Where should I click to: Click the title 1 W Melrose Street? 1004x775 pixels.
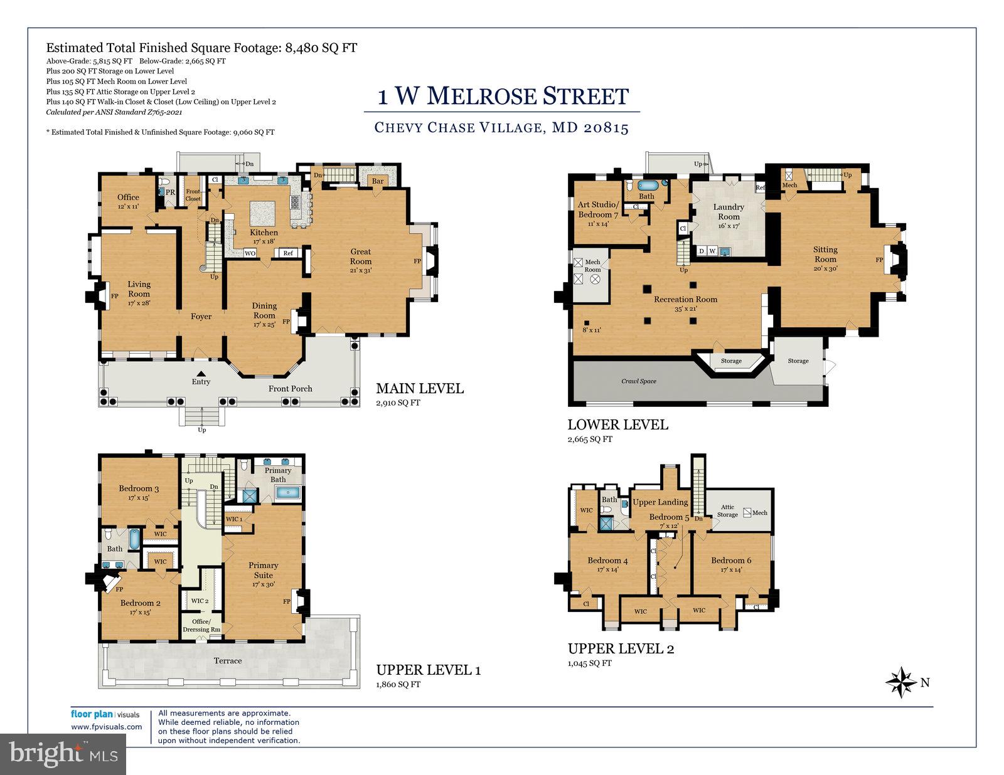[x=503, y=97]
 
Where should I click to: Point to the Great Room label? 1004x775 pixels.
[x=361, y=256]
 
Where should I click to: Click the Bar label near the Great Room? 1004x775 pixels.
[x=378, y=181]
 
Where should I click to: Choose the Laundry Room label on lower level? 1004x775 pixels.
[x=729, y=212]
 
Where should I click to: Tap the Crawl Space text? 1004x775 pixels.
[x=639, y=381]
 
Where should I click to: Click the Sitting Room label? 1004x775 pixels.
[x=825, y=254]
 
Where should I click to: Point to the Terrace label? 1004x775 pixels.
[x=227, y=660]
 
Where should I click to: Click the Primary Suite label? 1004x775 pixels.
[x=263, y=570]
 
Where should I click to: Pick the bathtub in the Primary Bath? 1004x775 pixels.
[x=287, y=493]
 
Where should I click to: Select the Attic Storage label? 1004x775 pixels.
[x=727, y=511]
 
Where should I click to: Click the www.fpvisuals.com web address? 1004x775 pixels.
[x=106, y=727]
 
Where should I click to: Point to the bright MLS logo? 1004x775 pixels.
[x=63, y=751]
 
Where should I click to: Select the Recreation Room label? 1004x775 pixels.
[x=685, y=300]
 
